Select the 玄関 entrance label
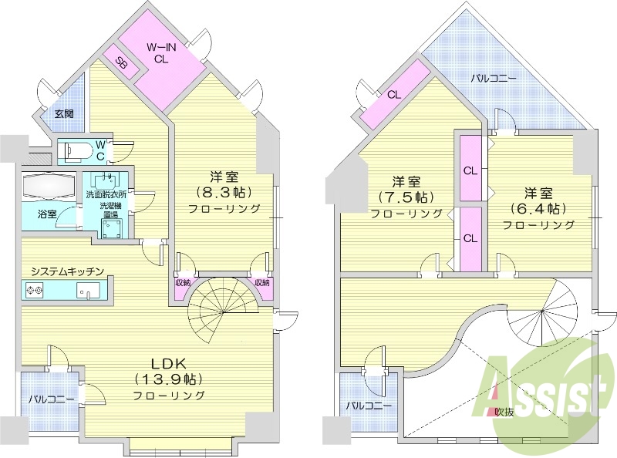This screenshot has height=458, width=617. (x=64, y=113)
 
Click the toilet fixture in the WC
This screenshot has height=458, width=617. (x=77, y=150)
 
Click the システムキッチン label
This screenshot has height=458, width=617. (x=68, y=271)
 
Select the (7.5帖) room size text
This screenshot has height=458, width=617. (x=406, y=197)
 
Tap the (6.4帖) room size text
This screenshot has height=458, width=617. (x=538, y=208)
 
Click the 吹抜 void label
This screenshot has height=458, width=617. (x=504, y=412)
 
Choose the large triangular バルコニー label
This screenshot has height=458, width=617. (x=494, y=78)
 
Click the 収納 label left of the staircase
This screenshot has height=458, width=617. (x=183, y=282)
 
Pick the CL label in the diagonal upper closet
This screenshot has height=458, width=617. (x=394, y=95)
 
